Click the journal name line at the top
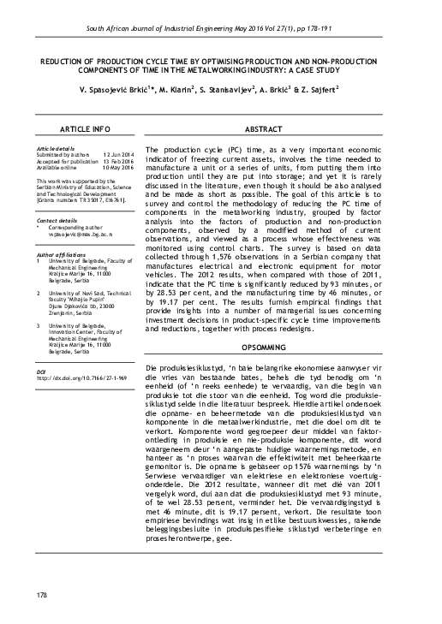[221, 30]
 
